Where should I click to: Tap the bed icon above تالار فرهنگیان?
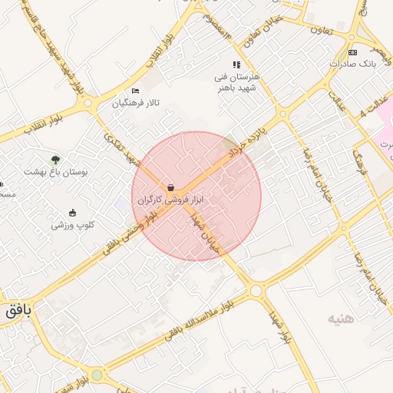136,91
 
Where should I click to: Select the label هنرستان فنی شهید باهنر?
237,82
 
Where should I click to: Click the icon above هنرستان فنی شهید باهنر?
236,65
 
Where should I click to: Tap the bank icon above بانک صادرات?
352,52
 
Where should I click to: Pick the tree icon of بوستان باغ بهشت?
55,160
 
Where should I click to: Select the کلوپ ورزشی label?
73,225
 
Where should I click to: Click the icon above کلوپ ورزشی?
73,213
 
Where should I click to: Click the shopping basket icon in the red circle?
170,187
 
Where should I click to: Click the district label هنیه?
342,318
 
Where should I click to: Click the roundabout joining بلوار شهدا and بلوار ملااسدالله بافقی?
256,291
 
